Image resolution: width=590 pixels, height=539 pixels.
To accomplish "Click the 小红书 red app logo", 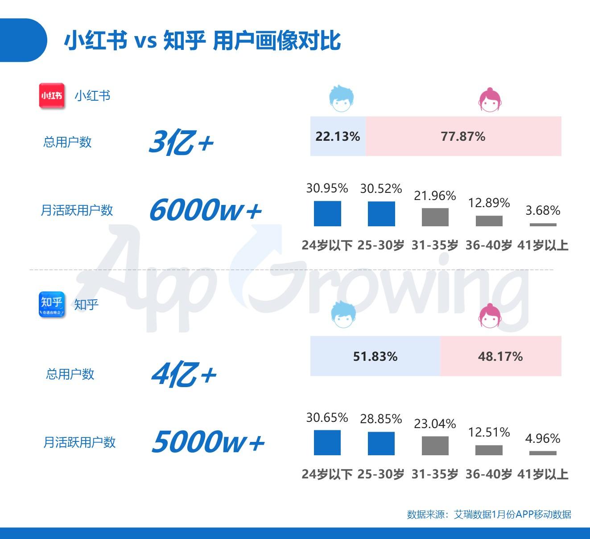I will click(x=52, y=95).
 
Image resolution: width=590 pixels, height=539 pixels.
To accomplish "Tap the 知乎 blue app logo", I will click(x=52, y=304).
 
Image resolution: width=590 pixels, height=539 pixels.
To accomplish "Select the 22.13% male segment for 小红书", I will click(x=338, y=136).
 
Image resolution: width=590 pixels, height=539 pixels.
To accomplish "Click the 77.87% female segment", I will click(x=463, y=136).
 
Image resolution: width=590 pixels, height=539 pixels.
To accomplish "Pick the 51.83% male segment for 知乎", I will click(x=375, y=356).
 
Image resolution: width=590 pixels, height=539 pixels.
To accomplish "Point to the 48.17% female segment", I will click(x=500, y=356).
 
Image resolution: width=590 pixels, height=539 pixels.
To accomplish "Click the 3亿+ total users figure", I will click(x=181, y=143).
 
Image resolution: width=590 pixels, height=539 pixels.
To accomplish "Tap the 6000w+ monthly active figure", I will click(x=205, y=210).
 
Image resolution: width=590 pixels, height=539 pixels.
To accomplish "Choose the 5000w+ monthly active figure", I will click(x=208, y=441).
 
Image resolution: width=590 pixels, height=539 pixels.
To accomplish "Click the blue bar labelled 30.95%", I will click(x=327, y=214).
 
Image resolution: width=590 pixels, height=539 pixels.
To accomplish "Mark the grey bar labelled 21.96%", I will click(x=435, y=217).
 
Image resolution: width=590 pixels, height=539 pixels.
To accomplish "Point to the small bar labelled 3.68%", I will click(x=543, y=225).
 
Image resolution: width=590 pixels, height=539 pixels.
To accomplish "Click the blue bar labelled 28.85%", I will click(x=381, y=443).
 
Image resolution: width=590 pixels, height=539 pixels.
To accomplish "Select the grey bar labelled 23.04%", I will click(x=435, y=445).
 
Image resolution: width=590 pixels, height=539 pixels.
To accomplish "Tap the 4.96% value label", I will click(x=543, y=438).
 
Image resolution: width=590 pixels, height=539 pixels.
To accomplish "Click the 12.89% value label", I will click(x=489, y=203).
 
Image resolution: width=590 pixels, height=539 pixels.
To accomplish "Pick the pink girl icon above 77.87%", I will click(x=490, y=99).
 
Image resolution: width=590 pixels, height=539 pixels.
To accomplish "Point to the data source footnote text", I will click(x=489, y=514).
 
